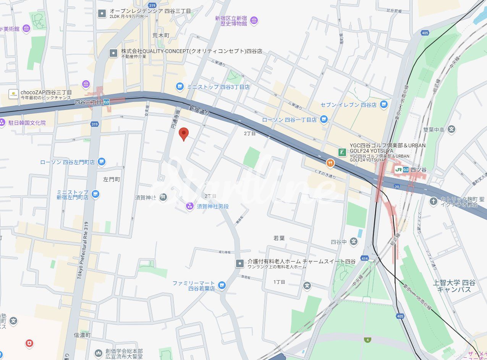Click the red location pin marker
[x=184, y=134]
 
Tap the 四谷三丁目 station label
[x=89, y=102]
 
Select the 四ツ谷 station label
[x=418, y=170]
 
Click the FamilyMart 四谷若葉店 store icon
[x=222, y=285]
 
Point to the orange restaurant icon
[x=330, y=163]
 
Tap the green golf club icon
[x=341, y=152]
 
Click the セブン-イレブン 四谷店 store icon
[x=384, y=104]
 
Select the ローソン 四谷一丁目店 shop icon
[x=324, y=119]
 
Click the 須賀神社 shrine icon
[x=163, y=197]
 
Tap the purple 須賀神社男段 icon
[x=189, y=206]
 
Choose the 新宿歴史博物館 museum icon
[x=254, y=20]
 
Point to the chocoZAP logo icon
[x=14, y=94]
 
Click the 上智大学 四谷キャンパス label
[x=454, y=286]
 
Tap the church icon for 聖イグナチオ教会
[x=433, y=201]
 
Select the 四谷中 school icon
[x=354, y=241]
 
